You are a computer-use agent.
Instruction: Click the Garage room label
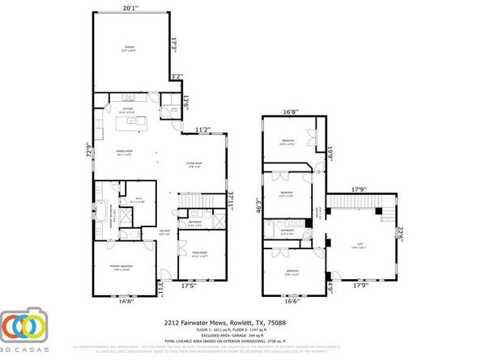(x=130, y=48)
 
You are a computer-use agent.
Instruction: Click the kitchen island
(x=132, y=123)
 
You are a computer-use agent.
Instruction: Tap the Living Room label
(x=194, y=165)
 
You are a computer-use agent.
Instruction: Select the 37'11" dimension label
(x=230, y=198)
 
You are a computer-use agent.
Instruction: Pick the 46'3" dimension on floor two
(x=258, y=206)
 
